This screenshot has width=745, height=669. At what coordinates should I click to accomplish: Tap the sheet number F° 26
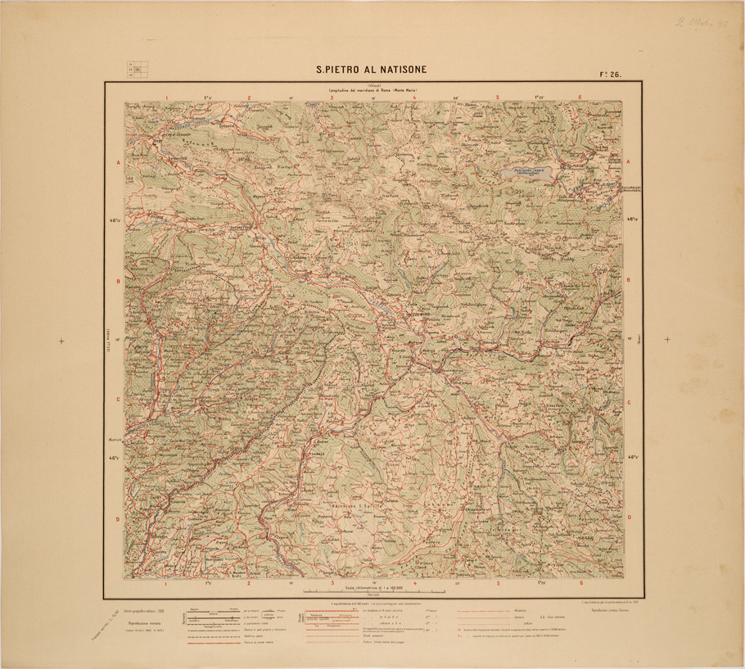pos(611,74)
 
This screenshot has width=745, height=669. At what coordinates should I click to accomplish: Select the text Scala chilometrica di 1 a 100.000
pos(373,585)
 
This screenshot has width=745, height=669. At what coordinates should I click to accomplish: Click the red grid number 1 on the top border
pos(166,97)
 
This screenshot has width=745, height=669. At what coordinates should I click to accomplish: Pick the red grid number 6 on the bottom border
pos(580,583)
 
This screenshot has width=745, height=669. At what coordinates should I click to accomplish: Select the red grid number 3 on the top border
pos(332,97)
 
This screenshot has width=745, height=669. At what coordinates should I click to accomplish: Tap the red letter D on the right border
pos(629,518)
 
